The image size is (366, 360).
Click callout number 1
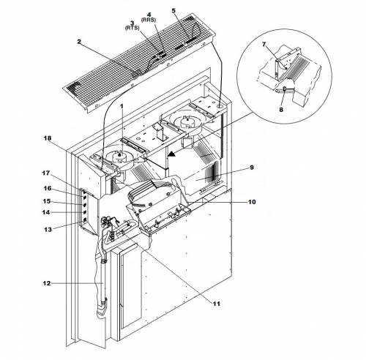[x=122, y=106]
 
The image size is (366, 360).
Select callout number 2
[x=79, y=42]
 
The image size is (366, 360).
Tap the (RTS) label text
[x=132, y=28]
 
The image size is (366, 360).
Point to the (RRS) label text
[x=149, y=20]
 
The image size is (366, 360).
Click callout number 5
[x=173, y=11]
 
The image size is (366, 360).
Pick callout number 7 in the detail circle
[x=264, y=45]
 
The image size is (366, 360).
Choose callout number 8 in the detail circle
[x=281, y=110]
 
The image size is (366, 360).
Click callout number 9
[x=252, y=168]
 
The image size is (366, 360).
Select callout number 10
[x=252, y=202]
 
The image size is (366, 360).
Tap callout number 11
[x=217, y=304]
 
